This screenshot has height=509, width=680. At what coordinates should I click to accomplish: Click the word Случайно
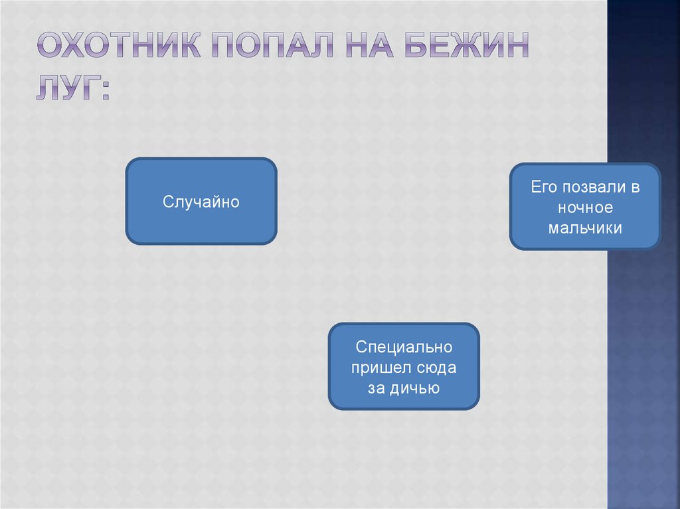tap(201, 201)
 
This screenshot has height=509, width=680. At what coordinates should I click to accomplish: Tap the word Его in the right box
tap(542, 187)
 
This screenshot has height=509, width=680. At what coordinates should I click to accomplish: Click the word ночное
tap(584, 208)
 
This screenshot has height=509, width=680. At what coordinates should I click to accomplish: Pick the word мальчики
tap(584, 228)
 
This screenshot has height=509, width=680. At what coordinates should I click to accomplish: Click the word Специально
tap(404, 347)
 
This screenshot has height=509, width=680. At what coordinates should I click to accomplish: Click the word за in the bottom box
tap(377, 388)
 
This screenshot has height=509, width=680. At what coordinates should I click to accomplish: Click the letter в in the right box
tap(635, 187)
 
